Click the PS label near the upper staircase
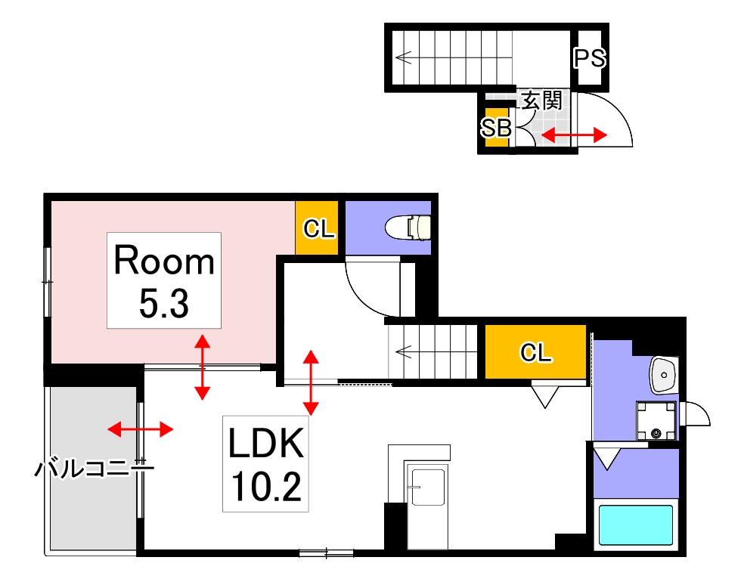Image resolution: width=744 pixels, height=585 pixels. pyautogui.click(x=589, y=58)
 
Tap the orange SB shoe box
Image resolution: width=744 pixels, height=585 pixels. pyautogui.click(x=496, y=128)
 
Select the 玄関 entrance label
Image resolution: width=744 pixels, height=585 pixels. pyautogui.click(x=541, y=101)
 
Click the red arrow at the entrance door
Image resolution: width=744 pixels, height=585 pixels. pyautogui.click(x=575, y=135)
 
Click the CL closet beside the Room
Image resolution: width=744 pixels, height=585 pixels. pyautogui.click(x=318, y=228)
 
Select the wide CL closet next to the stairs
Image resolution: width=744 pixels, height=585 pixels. pyautogui.click(x=535, y=352)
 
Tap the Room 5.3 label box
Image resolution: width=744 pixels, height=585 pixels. pyautogui.click(x=164, y=280)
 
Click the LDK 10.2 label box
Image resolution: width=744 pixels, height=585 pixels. pyautogui.click(x=265, y=463)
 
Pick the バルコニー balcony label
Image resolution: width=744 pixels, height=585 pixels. pyautogui.click(x=94, y=469)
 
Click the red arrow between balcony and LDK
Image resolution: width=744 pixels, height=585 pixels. pyautogui.click(x=140, y=429)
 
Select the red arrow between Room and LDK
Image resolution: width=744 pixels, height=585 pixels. pyautogui.click(x=202, y=367)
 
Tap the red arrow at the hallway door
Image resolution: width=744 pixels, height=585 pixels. pyautogui.click(x=311, y=382)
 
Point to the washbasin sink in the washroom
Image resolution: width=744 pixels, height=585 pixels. pyautogui.click(x=663, y=375)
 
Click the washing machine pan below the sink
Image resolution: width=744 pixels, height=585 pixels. pyautogui.click(x=655, y=420)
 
